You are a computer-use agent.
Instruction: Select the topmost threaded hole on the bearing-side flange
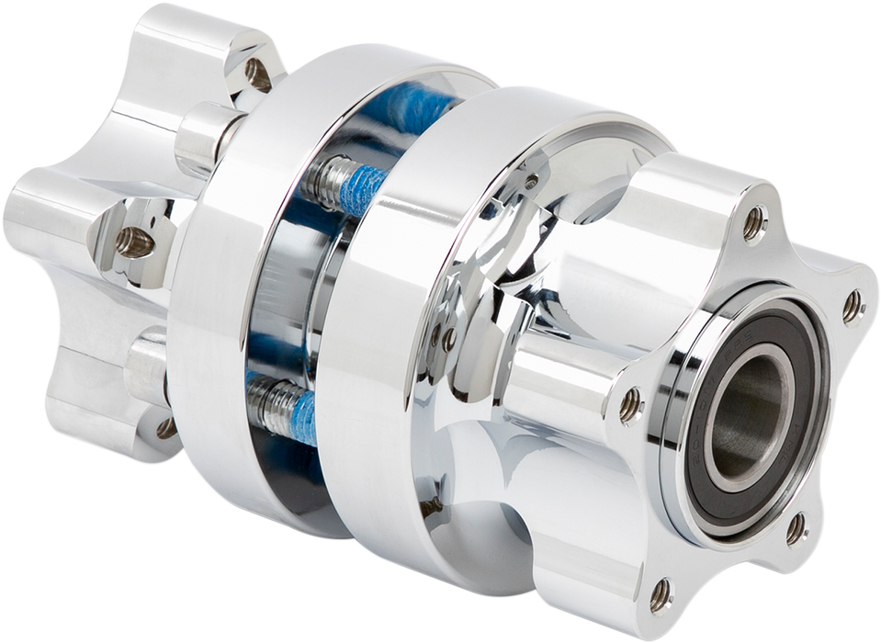[753, 220]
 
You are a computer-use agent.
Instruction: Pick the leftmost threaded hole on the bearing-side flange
[629, 405]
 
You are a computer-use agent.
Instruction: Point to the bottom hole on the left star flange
[165, 428]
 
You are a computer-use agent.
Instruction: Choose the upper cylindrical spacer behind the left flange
[204, 138]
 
